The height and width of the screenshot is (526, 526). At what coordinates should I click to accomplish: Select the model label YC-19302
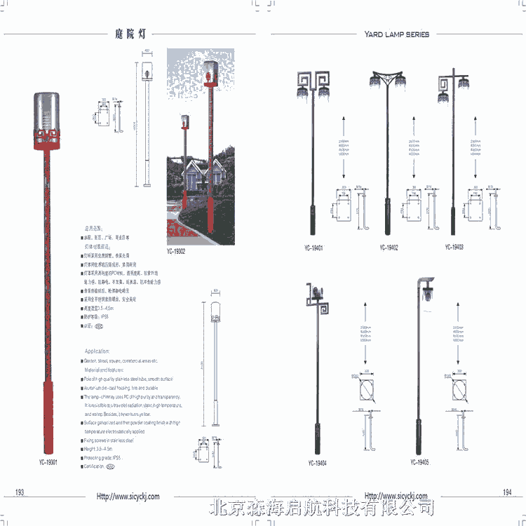(176, 251)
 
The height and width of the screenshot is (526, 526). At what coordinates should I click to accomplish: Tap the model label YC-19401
(313, 248)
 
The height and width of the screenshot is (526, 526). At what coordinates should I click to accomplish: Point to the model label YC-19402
(389, 248)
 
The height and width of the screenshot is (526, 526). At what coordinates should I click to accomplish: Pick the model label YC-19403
(454, 248)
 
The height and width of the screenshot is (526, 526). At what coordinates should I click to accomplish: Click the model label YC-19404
(316, 464)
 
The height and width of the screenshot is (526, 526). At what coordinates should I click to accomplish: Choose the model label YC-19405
(420, 463)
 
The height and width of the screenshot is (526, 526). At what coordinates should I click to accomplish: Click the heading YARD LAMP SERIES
(397, 34)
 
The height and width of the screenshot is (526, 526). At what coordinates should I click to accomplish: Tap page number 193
(20, 493)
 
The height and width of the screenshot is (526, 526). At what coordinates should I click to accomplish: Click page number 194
(507, 492)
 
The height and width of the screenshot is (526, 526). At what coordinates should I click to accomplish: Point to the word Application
(97, 351)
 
